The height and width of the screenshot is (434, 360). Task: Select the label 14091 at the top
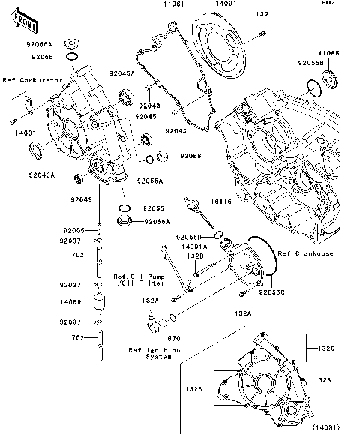217,4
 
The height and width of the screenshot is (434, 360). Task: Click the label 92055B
310,64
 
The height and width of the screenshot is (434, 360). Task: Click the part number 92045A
121,73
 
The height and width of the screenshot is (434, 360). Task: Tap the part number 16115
220,202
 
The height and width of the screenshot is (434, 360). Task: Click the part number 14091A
194,246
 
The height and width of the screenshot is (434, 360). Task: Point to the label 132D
194,256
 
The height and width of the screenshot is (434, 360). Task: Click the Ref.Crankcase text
304,253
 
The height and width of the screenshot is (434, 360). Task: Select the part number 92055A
150,181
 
